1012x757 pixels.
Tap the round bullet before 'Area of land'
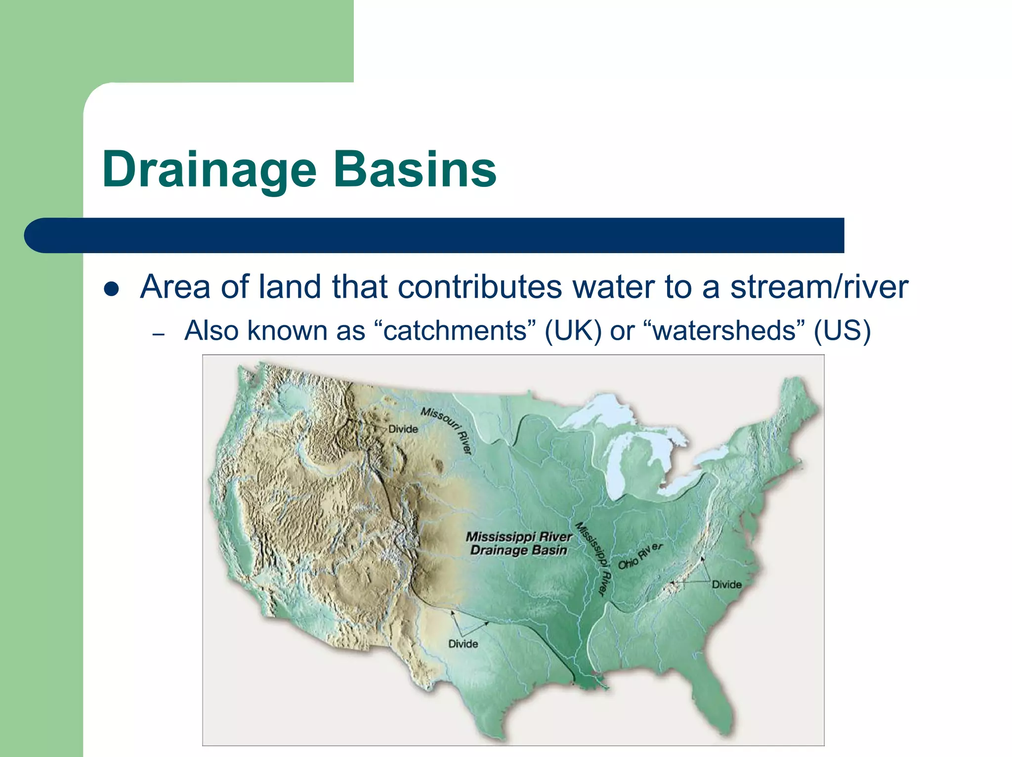pyautogui.click(x=112, y=289)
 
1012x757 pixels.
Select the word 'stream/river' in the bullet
pyautogui.click(x=819, y=287)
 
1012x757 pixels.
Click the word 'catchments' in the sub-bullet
pyautogui.click(x=455, y=330)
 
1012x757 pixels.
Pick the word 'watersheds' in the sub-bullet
pyautogui.click(x=724, y=330)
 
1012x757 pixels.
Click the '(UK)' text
pyautogui.click(x=573, y=330)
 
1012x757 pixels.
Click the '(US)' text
pyautogui.click(x=842, y=330)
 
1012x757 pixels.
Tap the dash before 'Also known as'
pyautogui.click(x=158, y=335)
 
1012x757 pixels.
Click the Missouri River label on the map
pyautogui.click(x=447, y=429)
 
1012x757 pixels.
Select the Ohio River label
pyautogui.click(x=640, y=556)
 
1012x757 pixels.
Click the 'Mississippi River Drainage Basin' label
pyautogui.click(x=518, y=543)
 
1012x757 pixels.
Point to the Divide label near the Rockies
pyautogui.click(x=403, y=429)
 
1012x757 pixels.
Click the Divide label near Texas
pyautogui.click(x=463, y=644)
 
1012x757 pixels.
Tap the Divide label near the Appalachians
pyautogui.click(x=726, y=584)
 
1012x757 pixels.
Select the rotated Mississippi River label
pyautogui.click(x=593, y=559)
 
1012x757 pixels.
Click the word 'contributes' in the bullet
pyautogui.click(x=479, y=287)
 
